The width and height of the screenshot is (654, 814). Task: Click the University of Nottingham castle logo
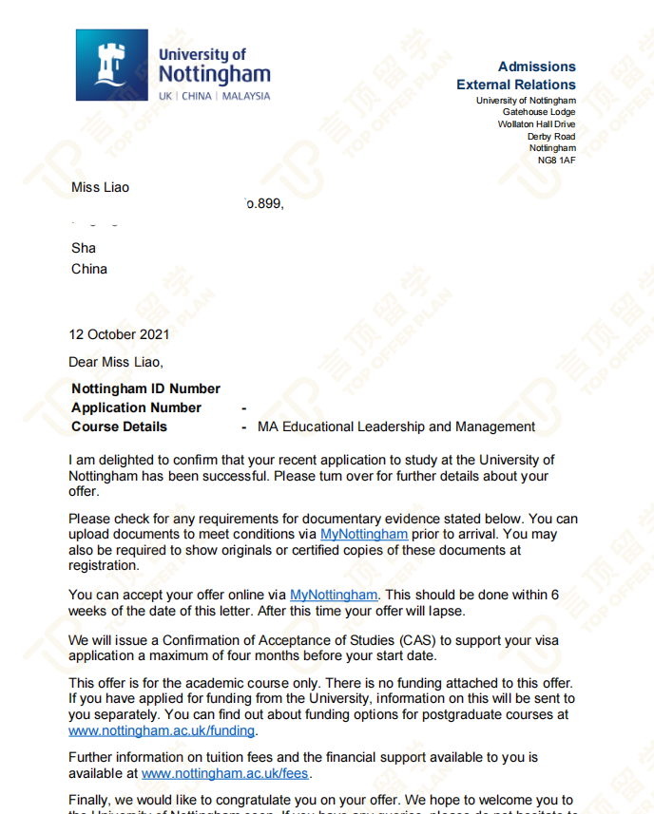[x=112, y=65]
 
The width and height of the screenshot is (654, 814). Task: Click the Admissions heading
[x=536, y=66]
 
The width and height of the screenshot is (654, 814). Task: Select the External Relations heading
[x=515, y=85]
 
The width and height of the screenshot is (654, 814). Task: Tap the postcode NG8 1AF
[x=556, y=160]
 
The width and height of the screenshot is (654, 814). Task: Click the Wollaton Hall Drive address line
[x=536, y=124]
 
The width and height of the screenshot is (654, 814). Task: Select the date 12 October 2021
[x=119, y=334]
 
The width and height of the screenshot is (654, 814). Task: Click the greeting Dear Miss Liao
[x=116, y=361]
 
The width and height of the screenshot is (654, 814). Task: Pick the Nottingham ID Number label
[x=145, y=388]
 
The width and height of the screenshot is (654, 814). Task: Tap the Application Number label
[x=136, y=407]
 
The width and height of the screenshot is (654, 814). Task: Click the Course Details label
[x=119, y=426]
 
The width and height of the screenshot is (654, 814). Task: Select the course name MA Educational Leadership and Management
[x=396, y=426]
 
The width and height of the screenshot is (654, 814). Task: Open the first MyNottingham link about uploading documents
[x=364, y=535]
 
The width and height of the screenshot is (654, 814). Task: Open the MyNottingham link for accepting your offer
[x=334, y=596]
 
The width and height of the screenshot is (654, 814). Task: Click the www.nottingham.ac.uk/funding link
[x=162, y=730]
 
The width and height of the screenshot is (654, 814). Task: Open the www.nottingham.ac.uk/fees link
[x=225, y=774]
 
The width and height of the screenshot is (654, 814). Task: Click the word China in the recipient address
[x=89, y=269]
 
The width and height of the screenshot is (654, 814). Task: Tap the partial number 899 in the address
[x=266, y=202]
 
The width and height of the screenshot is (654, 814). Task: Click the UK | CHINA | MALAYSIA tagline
[x=214, y=96]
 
